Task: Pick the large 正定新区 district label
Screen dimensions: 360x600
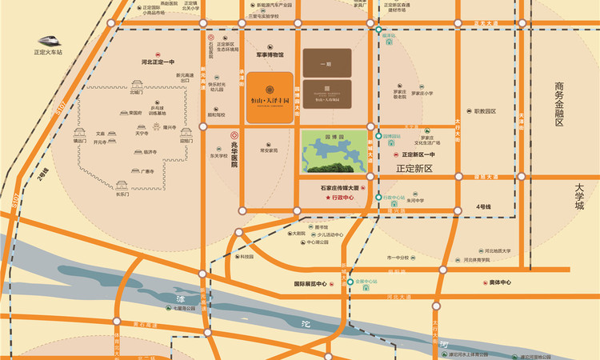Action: (414, 169)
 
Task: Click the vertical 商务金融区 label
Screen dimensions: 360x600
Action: (559, 103)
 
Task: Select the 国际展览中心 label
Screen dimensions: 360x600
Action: (311, 283)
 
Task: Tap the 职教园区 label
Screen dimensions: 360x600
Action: (485, 111)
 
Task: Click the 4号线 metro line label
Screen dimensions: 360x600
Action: (483, 207)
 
